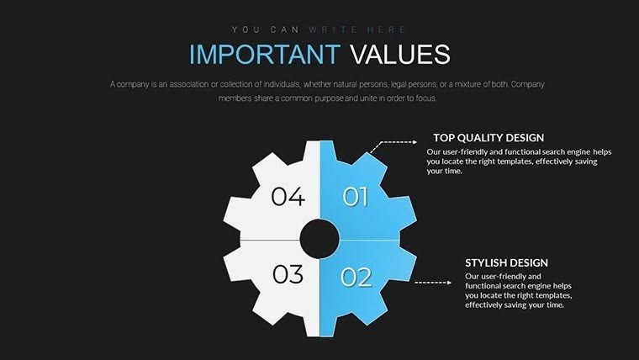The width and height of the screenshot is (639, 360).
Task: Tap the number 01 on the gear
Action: tap(356, 198)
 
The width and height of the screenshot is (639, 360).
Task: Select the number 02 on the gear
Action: tap(356, 277)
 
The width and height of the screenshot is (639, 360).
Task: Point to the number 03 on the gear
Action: tap(288, 275)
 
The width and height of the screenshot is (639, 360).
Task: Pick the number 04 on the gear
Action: tap(288, 198)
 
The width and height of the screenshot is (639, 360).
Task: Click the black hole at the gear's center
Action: tap(319, 239)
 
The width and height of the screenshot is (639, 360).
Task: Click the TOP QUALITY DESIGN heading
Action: tap(488, 137)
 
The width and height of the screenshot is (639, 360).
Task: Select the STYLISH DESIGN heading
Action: tap(506, 262)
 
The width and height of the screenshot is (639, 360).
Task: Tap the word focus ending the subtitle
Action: tap(427, 98)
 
